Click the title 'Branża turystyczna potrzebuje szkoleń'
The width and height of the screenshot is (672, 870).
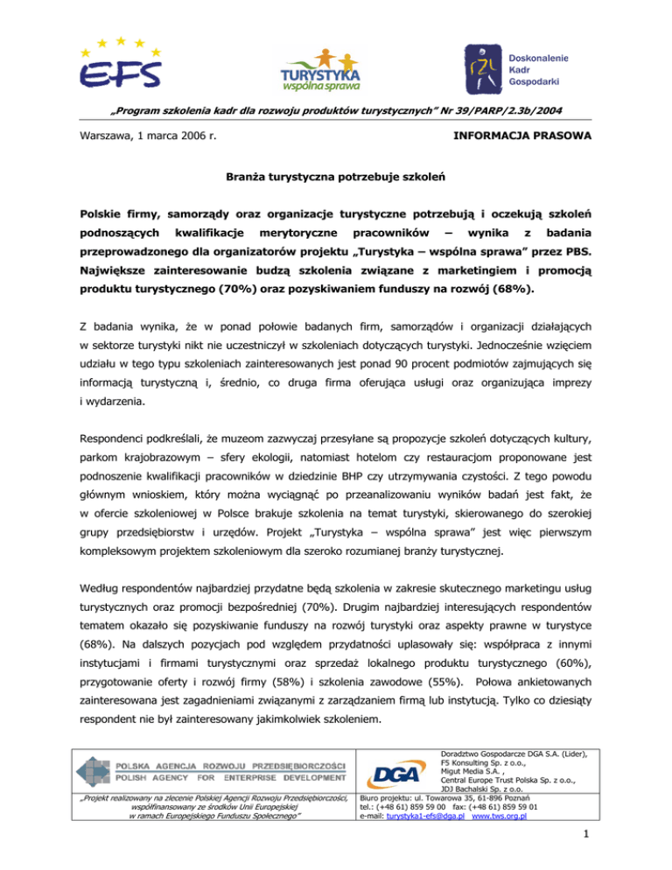(x=335, y=176)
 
